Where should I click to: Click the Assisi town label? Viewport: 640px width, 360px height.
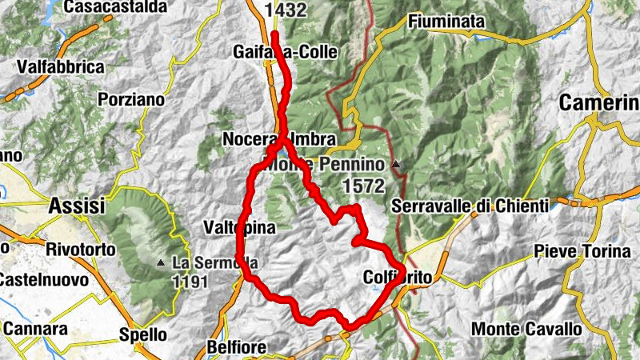[77, 206]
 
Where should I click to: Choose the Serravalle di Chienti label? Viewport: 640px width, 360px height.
[470, 206]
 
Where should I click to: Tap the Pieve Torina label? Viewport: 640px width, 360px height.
[585, 251]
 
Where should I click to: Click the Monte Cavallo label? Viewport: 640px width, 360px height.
[526, 328]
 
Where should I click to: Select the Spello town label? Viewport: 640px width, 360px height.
[142, 334]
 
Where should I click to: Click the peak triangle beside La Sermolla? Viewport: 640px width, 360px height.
[161, 262]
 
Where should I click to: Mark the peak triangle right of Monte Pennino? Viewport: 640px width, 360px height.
[395, 165]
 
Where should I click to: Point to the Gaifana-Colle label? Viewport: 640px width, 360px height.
[285, 52]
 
